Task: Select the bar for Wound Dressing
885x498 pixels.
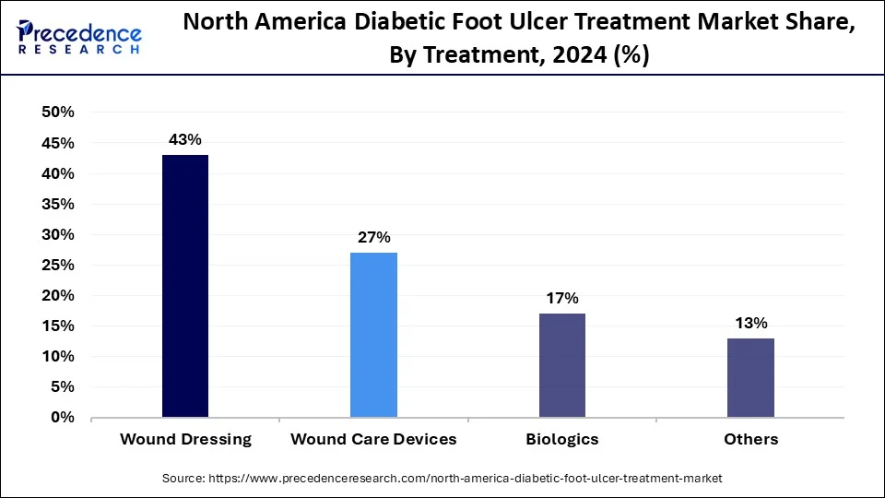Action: tap(185, 286)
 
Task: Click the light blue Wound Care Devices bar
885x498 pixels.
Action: tap(373, 335)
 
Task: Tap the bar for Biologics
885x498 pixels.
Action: tap(561, 365)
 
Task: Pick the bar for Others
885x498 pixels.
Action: tap(750, 377)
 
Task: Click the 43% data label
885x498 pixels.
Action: tap(185, 139)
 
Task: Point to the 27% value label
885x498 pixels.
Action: tap(373, 237)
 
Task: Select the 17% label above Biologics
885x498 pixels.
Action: tap(561, 298)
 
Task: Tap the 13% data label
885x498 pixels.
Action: tap(750, 323)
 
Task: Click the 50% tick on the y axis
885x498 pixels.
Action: tap(58, 113)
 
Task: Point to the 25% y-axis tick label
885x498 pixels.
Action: tap(58, 265)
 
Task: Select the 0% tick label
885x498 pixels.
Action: tap(62, 418)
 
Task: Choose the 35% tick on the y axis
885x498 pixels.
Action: tap(58, 204)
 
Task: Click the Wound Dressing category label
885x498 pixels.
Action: tap(185, 439)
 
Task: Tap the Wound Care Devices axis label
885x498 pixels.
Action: tap(373, 439)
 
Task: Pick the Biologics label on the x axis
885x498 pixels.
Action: tap(561, 439)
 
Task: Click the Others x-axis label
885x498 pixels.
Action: tap(750, 439)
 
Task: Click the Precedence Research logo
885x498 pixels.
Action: tap(79, 36)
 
